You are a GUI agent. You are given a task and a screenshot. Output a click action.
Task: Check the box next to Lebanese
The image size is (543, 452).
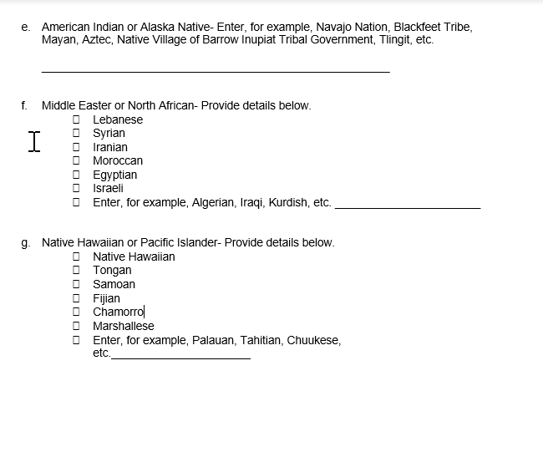click(x=76, y=119)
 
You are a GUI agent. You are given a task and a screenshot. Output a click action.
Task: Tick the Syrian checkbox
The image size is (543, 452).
click(x=76, y=133)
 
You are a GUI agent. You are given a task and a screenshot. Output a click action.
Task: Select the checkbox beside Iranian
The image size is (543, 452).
click(x=76, y=147)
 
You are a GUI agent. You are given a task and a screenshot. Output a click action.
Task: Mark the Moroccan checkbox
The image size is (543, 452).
click(x=76, y=160)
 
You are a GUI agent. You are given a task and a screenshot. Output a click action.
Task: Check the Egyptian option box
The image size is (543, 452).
click(x=76, y=175)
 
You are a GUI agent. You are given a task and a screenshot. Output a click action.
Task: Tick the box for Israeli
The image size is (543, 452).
click(x=76, y=188)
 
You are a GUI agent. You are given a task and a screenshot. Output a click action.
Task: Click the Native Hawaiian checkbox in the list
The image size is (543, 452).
click(x=76, y=256)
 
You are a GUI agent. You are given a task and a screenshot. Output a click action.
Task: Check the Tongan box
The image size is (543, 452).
click(x=76, y=270)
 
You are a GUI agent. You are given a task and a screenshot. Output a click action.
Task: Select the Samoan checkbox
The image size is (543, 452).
click(x=76, y=284)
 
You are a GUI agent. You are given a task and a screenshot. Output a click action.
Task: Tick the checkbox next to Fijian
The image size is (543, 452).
click(x=76, y=298)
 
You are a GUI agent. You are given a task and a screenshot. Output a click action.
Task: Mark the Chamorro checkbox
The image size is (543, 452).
click(x=76, y=312)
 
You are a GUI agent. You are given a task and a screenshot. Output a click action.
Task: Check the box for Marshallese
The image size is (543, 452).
click(x=76, y=326)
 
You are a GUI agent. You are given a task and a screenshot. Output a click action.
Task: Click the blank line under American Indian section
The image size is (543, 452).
click(x=215, y=69)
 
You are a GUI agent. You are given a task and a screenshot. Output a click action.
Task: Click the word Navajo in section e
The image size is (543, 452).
click(x=337, y=27)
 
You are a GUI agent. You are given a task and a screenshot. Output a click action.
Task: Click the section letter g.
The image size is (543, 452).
click(x=25, y=243)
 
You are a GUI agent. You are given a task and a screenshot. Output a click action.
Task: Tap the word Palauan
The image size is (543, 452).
click(x=213, y=340)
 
